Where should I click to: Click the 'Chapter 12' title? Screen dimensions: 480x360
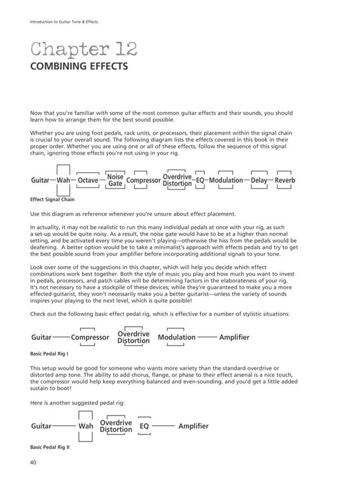(83, 49)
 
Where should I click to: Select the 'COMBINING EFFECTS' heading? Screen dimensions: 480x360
(79, 67)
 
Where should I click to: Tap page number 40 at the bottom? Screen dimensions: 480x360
(33, 462)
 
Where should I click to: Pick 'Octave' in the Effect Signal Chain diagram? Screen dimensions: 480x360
(88, 180)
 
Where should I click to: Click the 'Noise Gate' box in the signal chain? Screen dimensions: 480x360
(115, 180)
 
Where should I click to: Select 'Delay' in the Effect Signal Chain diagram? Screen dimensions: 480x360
(259, 180)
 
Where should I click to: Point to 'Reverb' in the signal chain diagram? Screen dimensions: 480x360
(284, 180)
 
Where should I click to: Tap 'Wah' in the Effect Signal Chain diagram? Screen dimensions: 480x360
(63, 180)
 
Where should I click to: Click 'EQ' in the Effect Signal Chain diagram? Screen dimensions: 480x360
(200, 180)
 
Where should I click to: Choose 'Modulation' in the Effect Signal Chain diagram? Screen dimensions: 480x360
(226, 180)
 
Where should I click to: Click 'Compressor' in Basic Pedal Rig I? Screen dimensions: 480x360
(90, 337)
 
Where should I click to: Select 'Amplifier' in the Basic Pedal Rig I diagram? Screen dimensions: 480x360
(234, 337)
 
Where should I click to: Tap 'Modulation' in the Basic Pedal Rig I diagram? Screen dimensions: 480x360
(177, 337)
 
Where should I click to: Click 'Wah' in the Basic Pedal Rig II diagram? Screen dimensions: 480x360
(86, 426)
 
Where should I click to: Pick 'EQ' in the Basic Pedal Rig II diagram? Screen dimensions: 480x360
(144, 426)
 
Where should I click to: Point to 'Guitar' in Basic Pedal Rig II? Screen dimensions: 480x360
(41, 426)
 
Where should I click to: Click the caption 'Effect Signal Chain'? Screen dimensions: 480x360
(52, 199)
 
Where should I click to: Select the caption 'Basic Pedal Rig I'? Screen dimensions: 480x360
(49, 353)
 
